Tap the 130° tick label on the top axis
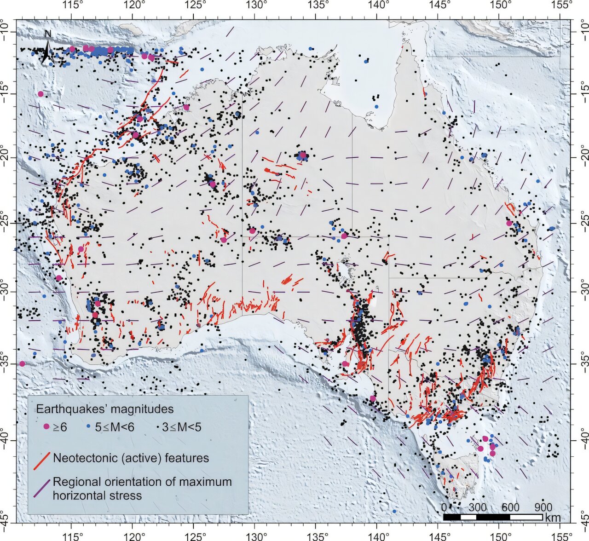[256, 6]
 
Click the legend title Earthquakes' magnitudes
[105, 409]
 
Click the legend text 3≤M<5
[181, 427]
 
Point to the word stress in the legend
[128, 495]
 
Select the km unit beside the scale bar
[552, 518]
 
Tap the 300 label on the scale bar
[477, 507]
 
